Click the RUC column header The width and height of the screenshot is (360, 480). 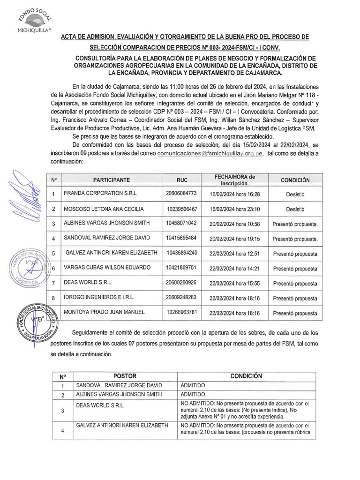click(181, 180)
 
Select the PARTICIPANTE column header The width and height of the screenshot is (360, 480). click(111, 180)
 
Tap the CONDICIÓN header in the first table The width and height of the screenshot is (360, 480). click(295, 180)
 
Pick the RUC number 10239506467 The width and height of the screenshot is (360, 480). click(181, 209)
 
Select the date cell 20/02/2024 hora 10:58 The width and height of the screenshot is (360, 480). click(234, 224)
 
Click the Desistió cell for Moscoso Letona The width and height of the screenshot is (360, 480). click(295, 209)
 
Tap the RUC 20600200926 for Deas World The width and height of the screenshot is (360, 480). click(181, 283)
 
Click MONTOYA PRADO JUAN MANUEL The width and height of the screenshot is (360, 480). click(104, 313)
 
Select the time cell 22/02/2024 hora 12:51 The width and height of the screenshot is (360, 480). click(234, 254)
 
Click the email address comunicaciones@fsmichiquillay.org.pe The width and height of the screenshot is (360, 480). click(210, 153)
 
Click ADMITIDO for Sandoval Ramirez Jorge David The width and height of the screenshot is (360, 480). click(193, 385)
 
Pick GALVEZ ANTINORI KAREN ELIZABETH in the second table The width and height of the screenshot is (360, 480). click(122, 426)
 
